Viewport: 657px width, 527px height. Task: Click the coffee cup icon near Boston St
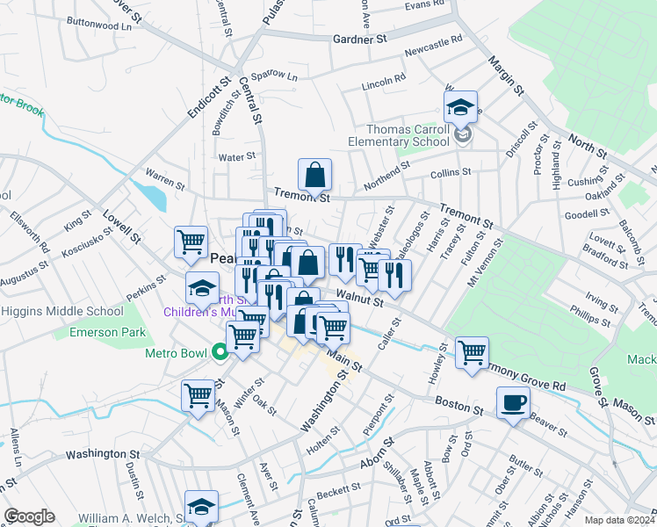[514, 403]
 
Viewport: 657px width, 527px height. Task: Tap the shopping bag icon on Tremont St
[314, 175]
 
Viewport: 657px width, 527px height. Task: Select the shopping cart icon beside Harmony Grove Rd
[473, 352]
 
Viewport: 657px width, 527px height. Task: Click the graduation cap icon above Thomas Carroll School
[460, 108]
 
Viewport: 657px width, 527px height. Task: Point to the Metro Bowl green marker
[219, 353]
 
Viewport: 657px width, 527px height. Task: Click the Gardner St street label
[360, 40]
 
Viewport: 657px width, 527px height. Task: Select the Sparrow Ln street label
[274, 77]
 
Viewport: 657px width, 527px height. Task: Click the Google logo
[29, 516]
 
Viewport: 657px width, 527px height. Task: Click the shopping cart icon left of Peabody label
[191, 241]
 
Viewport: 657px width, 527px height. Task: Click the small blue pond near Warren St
[157, 197]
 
